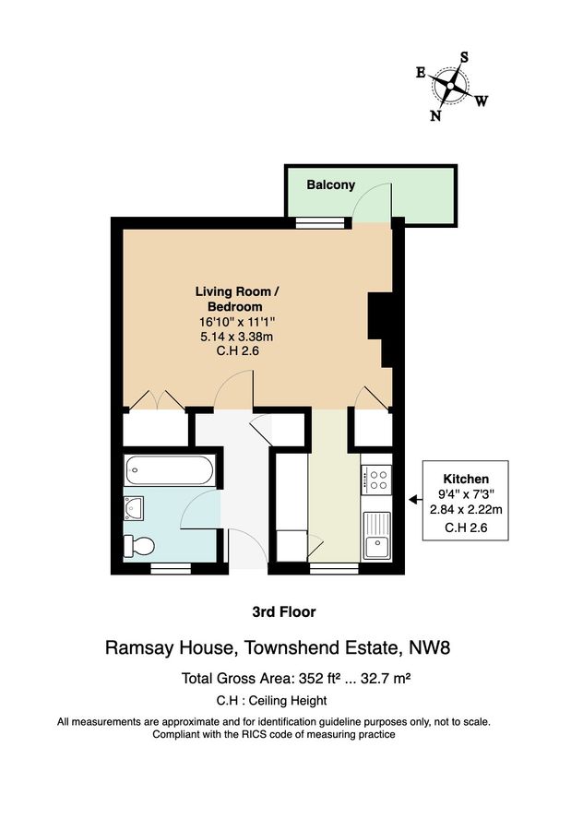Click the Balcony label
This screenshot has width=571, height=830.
[330, 184]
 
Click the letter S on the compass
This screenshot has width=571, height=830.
[464, 56]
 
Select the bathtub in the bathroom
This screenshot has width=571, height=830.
[171, 473]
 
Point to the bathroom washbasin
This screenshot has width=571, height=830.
[132, 505]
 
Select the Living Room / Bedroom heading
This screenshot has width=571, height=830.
[236, 299]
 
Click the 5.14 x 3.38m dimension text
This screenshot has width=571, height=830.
[236, 336]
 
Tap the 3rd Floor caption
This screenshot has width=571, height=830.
[284, 611]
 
